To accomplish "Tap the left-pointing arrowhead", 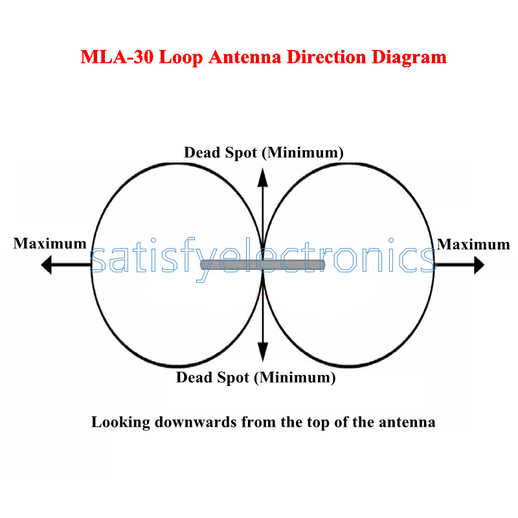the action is pyautogui.click(x=47, y=265).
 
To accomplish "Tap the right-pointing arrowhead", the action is pyautogui.click(x=479, y=265).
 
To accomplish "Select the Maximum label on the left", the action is pyautogui.click(x=50, y=244).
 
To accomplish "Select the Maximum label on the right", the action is pyautogui.click(x=473, y=245).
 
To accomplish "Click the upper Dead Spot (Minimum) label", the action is pyautogui.click(x=264, y=153).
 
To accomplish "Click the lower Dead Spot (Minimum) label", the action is pyautogui.click(x=256, y=377).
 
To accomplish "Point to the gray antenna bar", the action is pyautogui.click(x=263, y=265).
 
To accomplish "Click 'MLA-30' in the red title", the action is pyautogui.click(x=117, y=57).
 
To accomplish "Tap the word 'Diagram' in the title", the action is pyautogui.click(x=409, y=58).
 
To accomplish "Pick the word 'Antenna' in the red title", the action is pyautogui.click(x=245, y=57).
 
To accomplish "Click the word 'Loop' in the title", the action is pyautogui.click(x=181, y=58).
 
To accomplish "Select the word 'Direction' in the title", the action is pyautogui.click(x=326, y=57).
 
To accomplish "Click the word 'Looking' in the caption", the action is pyautogui.click(x=120, y=423).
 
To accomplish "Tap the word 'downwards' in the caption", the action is pyautogui.click(x=196, y=422).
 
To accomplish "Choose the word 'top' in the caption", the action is pyautogui.click(x=319, y=423).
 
